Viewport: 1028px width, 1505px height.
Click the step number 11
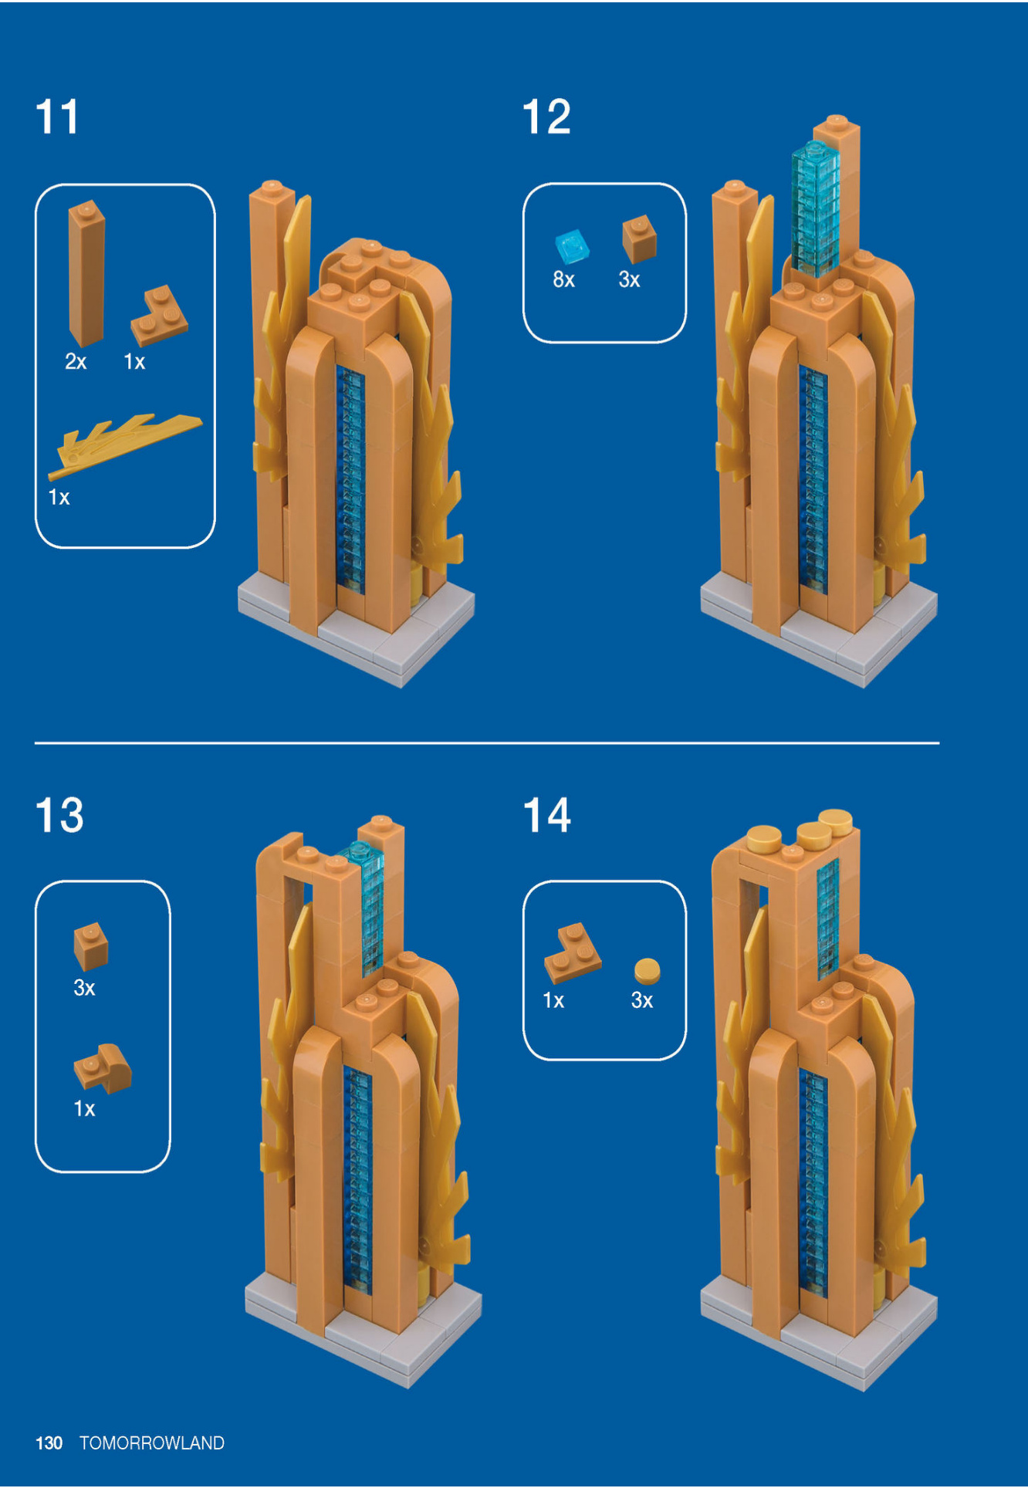pyautogui.click(x=57, y=117)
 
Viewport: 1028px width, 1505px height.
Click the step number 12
pyautogui.click(x=546, y=117)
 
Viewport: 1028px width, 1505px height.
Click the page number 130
pyautogui.click(x=49, y=1442)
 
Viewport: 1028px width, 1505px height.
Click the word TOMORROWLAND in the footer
pyautogui.click(x=152, y=1442)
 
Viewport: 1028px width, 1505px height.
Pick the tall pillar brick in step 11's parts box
pyautogui.click(x=86, y=273)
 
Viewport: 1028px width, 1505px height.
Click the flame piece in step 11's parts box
pyautogui.click(x=123, y=443)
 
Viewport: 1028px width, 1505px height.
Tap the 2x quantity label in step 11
pyautogui.click(x=76, y=361)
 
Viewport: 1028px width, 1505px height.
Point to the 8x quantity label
pyautogui.click(x=563, y=279)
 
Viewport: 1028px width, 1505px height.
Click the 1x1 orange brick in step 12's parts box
pyautogui.click(x=639, y=239)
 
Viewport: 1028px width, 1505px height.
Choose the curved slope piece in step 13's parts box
pyautogui.click(x=103, y=1068)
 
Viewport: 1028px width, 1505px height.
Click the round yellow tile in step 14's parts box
pyautogui.click(x=647, y=970)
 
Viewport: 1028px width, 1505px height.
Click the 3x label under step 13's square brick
pyautogui.click(x=84, y=988)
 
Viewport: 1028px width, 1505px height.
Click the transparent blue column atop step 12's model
pyautogui.click(x=814, y=208)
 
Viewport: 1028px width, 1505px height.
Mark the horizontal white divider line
pyautogui.click(x=486, y=742)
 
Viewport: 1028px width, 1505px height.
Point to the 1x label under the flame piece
pyautogui.click(x=59, y=497)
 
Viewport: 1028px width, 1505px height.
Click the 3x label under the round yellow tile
pyautogui.click(x=641, y=1000)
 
